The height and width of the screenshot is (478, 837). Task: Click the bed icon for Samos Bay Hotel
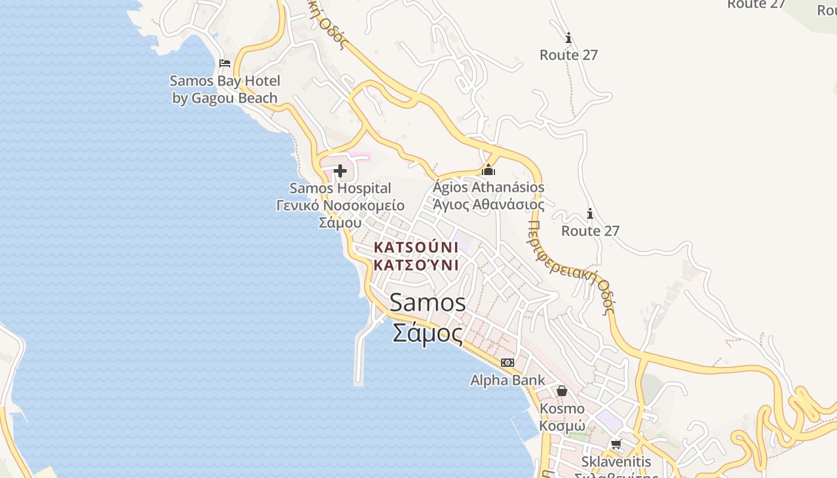point(225,63)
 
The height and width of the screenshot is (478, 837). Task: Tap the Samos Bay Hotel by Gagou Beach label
point(225,89)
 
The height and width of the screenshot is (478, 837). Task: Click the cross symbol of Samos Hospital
point(340,171)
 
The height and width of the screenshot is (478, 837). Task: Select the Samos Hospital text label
point(340,188)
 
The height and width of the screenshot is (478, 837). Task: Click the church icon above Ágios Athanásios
point(488,170)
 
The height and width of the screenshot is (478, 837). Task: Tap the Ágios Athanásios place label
point(488,187)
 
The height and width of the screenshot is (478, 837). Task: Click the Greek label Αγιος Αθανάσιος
point(488,204)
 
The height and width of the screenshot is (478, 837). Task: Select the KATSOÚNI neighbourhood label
point(416,247)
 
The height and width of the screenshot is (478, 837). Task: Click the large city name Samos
point(427,302)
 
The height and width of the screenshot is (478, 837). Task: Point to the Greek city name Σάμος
point(427,333)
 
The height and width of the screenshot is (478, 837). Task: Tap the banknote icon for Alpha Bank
point(507,363)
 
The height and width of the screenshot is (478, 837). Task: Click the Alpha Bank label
point(507,380)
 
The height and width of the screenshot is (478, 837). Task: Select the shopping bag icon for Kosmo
point(562,391)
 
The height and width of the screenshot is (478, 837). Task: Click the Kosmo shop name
point(562,409)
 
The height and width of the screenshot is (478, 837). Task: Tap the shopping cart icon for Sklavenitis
point(616,444)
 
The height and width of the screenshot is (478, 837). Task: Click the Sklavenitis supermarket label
point(616,462)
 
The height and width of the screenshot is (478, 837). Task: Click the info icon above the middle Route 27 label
point(568,38)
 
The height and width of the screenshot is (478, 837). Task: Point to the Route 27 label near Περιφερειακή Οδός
point(590,231)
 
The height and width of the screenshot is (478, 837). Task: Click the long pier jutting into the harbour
point(359,358)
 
